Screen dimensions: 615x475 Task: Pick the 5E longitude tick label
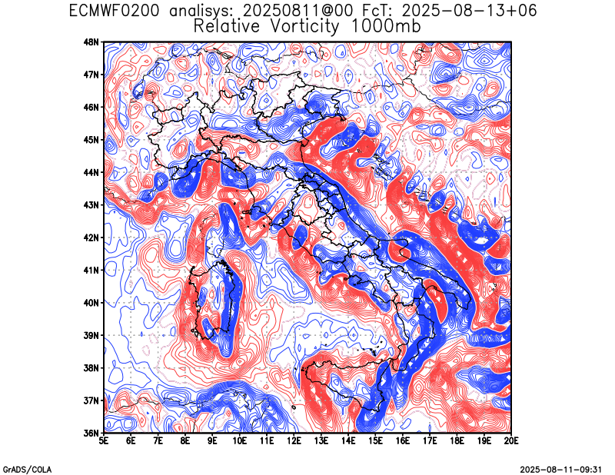tap(104, 441)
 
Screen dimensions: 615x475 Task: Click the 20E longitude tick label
tap(511, 441)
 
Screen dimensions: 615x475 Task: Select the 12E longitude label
tap(294, 441)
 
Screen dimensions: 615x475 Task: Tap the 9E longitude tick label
tap(213, 441)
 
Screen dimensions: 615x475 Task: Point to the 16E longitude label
tap(402, 441)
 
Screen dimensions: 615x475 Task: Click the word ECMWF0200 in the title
tap(114, 11)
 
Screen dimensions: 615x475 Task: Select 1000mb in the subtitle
tap(385, 26)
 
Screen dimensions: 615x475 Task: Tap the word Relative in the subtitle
tap(227, 26)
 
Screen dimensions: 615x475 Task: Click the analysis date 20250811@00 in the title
tap(298, 11)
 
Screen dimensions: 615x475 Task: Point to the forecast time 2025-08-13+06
tap(469, 11)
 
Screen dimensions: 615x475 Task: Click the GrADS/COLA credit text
tap(27, 470)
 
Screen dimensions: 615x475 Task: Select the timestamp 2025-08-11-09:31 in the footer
tap(561, 470)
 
